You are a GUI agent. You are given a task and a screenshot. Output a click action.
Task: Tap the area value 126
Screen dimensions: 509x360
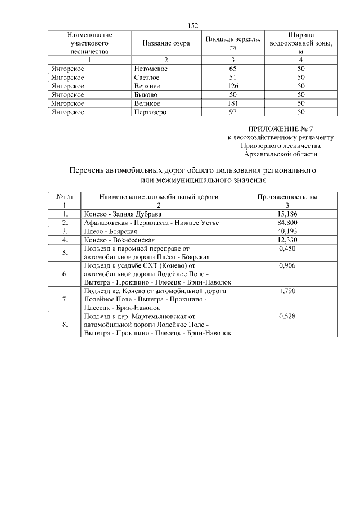[232, 86]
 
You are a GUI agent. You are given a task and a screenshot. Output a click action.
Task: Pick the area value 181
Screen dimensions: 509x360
[232, 103]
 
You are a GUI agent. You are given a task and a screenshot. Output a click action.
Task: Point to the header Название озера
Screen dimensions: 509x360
[166, 43]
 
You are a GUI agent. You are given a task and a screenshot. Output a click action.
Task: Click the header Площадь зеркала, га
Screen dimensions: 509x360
[232, 43]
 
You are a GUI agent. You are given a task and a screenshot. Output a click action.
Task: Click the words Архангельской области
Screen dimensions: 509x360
[280, 154]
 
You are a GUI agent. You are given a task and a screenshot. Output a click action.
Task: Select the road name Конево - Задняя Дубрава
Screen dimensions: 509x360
[121, 214]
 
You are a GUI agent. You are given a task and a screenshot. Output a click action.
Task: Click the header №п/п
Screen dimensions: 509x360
[65, 197]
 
